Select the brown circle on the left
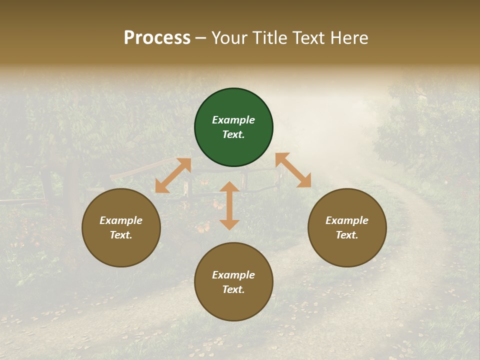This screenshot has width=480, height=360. [x=121, y=250]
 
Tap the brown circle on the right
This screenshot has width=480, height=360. [x=347, y=250]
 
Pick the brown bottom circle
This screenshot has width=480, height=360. [x=233, y=305]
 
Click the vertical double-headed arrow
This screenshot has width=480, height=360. [x=229, y=205]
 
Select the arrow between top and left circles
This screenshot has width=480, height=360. [x=173, y=175]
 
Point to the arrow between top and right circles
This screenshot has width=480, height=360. [x=293, y=170]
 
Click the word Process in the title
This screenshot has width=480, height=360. [x=157, y=38]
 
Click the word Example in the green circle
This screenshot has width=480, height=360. [x=233, y=120]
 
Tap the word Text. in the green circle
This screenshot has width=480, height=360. [x=233, y=134]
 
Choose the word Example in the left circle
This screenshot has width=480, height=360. [x=121, y=220]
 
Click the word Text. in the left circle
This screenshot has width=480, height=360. [x=121, y=235]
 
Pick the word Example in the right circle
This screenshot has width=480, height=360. [x=347, y=220]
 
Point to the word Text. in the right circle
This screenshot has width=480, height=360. [x=347, y=235]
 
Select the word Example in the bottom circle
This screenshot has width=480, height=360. [x=233, y=275]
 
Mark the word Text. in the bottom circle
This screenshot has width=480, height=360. [x=233, y=289]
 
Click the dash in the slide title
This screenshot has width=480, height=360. [x=201, y=38]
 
